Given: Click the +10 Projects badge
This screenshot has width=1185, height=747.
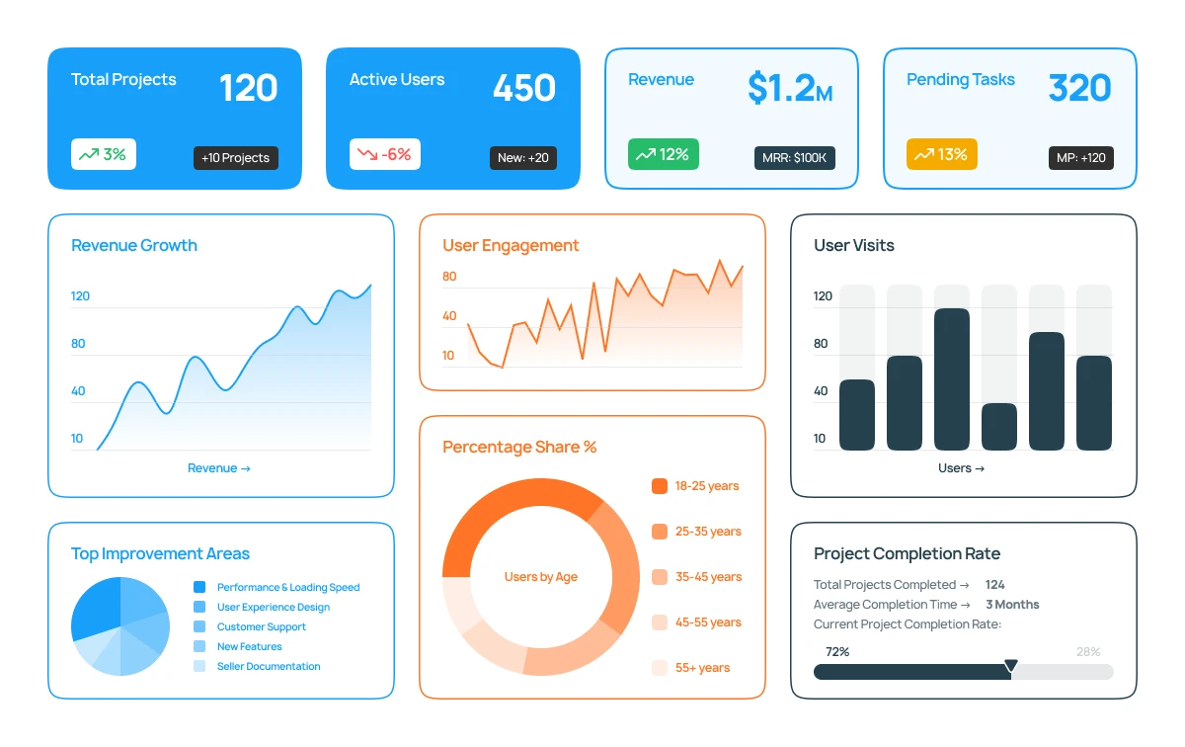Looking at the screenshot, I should point(235,158).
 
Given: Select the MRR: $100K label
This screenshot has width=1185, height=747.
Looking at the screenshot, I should point(794,158).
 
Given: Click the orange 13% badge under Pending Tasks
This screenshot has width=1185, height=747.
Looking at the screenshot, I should point(941,154).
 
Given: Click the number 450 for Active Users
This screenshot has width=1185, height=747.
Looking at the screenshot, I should point(524,88).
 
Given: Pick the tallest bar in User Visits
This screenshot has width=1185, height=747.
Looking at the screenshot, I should point(952,379).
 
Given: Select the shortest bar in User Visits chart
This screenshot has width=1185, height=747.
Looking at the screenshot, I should point(999,427).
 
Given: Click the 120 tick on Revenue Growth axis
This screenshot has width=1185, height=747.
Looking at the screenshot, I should point(80,296).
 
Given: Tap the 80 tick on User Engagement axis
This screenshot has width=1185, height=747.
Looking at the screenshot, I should point(449,277).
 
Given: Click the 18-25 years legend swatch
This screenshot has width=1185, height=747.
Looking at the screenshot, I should point(660,486).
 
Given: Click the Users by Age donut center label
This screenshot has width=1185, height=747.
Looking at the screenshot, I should point(540,577).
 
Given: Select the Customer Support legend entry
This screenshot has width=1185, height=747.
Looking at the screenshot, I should point(261,626).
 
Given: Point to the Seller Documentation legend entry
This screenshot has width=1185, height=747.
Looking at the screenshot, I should point(269,666).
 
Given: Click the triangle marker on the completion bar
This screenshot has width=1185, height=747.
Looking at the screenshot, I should point(1010,667).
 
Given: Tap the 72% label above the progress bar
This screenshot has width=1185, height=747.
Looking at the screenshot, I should point(836,652).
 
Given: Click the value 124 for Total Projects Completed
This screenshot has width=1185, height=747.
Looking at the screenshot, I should point(994,585).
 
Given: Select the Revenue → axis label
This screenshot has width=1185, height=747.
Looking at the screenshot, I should point(219,468).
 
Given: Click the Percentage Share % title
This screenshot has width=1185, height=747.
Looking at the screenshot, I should point(519,447).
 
